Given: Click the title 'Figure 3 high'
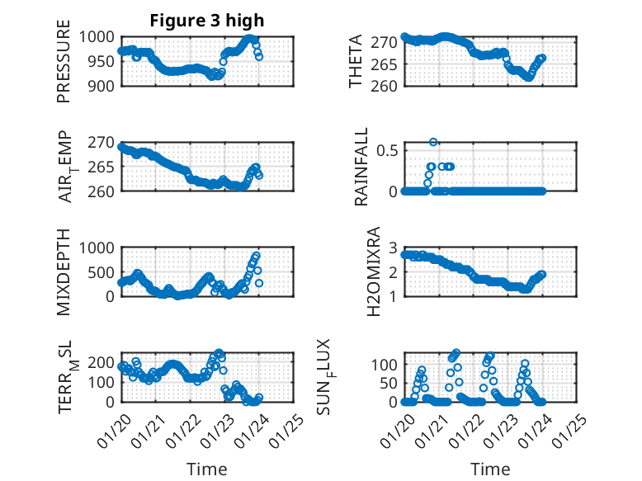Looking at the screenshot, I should [207, 21].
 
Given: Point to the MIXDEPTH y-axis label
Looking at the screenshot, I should [64, 271].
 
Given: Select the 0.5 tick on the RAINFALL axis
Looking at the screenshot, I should [386, 150].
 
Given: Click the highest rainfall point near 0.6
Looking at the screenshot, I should [433, 142].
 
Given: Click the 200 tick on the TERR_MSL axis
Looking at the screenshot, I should [103, 362].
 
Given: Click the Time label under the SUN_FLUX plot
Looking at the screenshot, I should [490, 469].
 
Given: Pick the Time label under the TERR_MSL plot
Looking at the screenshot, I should [207, 469].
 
